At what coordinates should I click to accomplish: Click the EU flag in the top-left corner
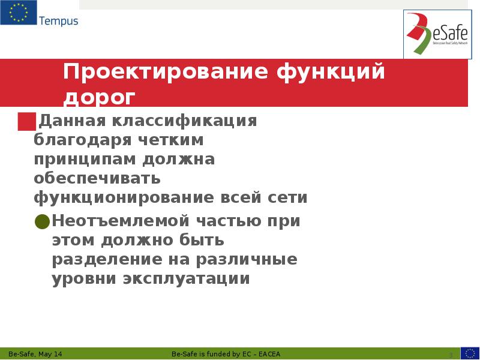(x=18, y=13)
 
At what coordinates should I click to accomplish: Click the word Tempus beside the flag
(x=58, y=22)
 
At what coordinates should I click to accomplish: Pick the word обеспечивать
(x=97, y=179)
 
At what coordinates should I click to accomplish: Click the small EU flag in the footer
(x=469, y=353)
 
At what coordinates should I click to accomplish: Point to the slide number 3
(x=450, y=354)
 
